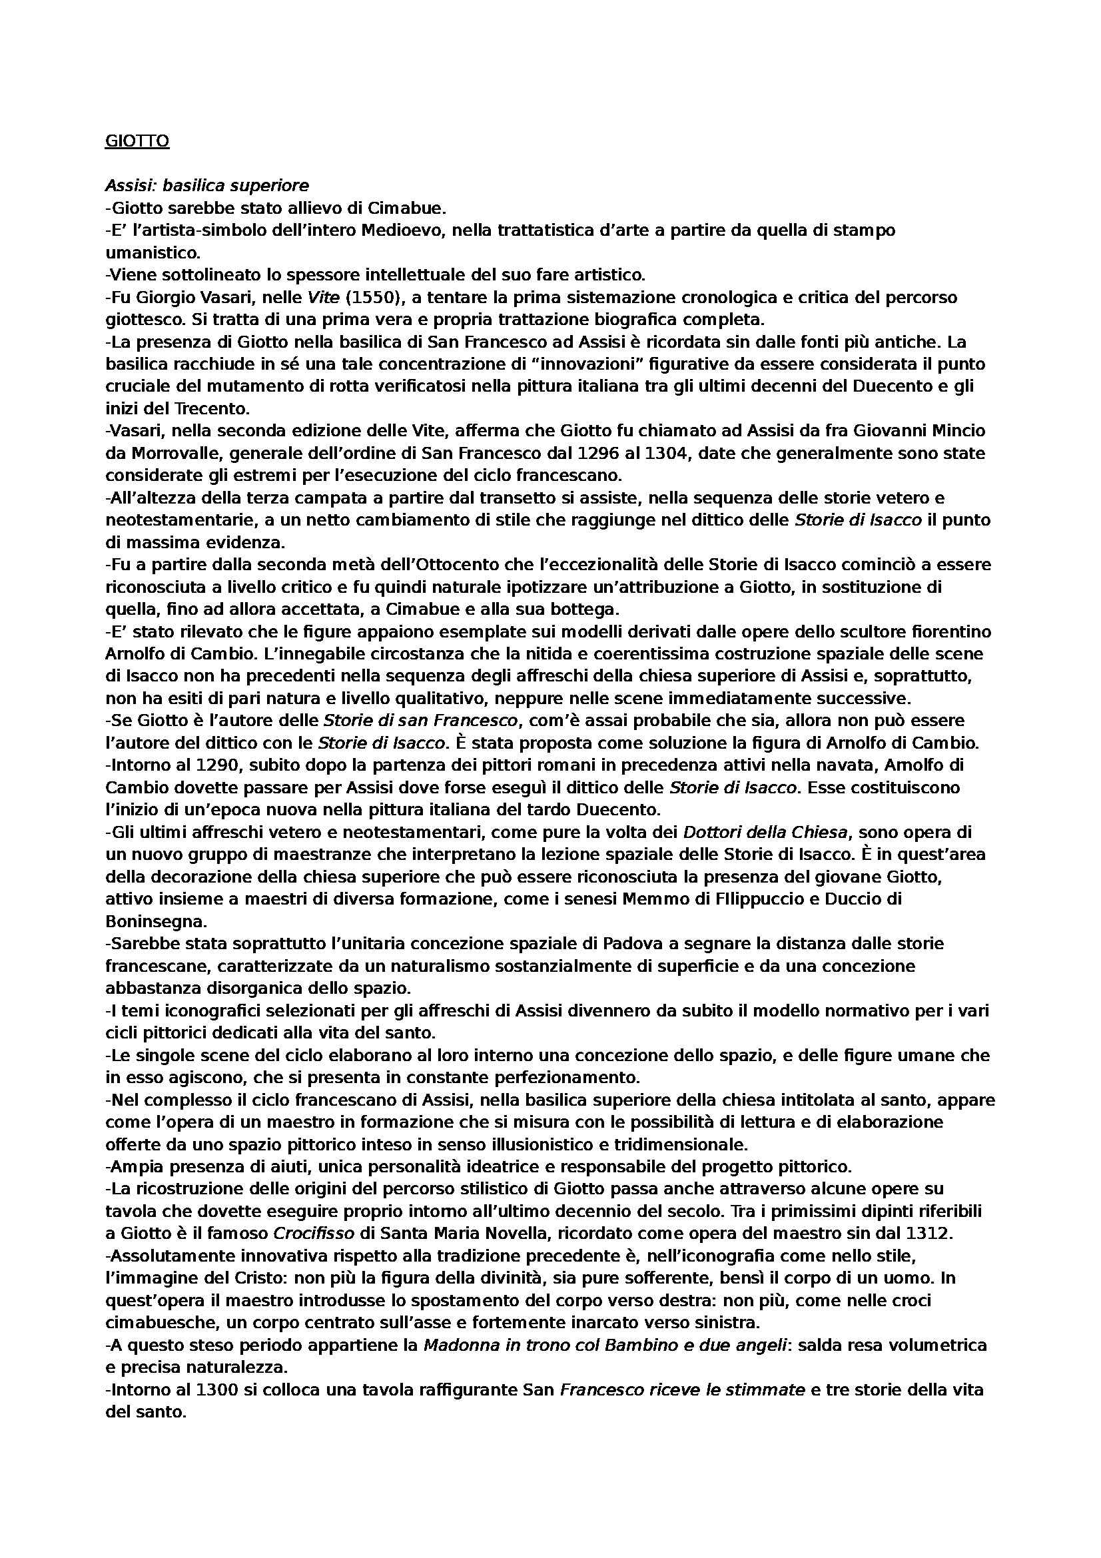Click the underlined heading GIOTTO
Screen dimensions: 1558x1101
pyautogui.click(x=137, y=141)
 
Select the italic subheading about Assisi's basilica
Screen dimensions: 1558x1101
pyautogui.click(x=207, y=185)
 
